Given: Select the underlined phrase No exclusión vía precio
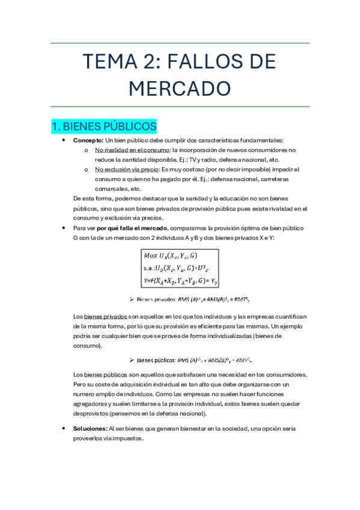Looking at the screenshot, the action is pos(125,170).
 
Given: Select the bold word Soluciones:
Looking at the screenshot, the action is pos(90,429).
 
